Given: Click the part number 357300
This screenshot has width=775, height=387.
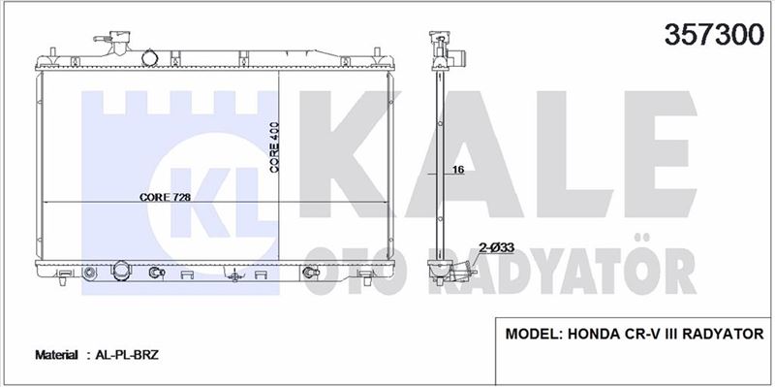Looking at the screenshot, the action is tap(714, 35).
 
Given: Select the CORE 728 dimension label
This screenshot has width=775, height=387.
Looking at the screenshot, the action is tap(165, 197).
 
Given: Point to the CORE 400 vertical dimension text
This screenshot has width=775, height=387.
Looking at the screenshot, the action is tap(274, 147).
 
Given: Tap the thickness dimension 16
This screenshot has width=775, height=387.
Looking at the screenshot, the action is tap(458, 170).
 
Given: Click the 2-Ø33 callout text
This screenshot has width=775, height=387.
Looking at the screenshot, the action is tap(496, 247).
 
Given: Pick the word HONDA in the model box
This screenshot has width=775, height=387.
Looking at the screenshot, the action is tap(591, 334).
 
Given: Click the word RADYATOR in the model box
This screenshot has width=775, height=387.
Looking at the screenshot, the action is tap(723, 334).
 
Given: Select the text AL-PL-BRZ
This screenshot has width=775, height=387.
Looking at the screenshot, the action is tap(127, 355).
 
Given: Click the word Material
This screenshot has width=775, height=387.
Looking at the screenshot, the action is tap(56, 355).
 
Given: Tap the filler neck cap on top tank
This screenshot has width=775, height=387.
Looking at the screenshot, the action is tap(119, 38).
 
